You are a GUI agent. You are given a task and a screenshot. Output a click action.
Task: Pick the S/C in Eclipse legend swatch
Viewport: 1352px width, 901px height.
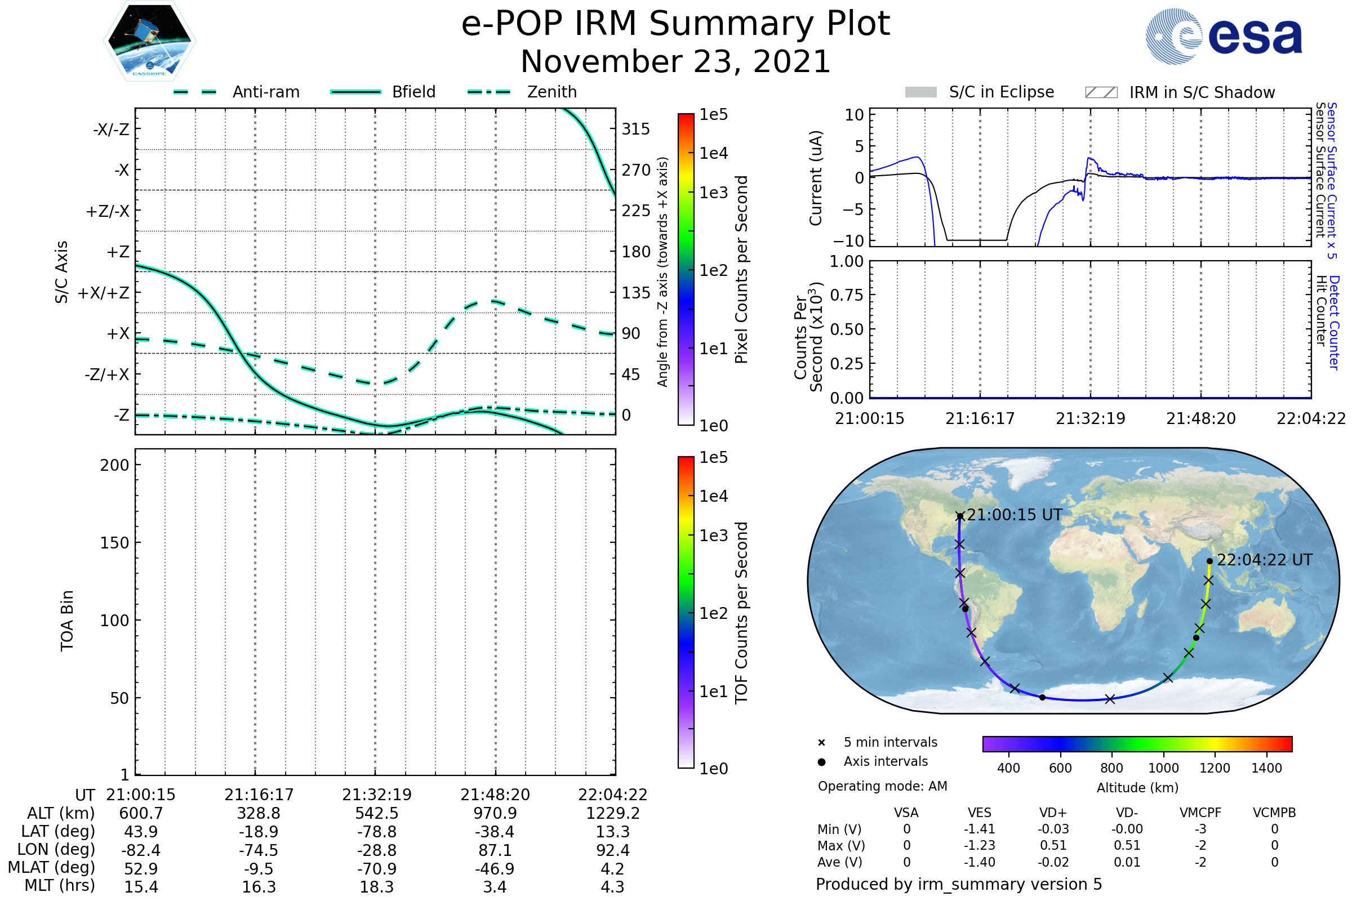(921, 92)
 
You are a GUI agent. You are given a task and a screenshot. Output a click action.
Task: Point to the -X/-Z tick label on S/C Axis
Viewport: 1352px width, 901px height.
(111, 130)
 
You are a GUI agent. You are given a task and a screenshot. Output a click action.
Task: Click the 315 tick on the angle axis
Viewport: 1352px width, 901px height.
(635, 130)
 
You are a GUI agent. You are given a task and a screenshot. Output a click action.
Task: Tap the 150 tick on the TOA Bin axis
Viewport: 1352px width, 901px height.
(114, 543)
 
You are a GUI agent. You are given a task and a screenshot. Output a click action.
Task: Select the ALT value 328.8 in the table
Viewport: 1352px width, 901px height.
(259, 814)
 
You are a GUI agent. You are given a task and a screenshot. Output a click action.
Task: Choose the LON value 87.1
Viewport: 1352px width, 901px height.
(495, 850)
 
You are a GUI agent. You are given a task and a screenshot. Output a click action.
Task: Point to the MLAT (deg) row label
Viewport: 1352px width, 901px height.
(51, 868)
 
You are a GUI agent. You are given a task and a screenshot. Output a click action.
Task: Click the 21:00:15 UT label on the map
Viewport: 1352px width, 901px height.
(1015, 515)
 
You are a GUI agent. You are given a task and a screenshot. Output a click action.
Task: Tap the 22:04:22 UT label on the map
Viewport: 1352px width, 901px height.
(1265, 560)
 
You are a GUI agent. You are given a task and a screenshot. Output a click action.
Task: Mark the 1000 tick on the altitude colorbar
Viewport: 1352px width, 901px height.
(1163, 768)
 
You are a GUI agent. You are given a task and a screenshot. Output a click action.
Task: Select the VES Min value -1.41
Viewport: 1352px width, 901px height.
(980, 829)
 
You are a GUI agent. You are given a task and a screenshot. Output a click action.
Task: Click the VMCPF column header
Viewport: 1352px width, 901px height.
(1200, 813)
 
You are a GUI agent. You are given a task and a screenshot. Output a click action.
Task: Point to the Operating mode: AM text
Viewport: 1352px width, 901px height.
(882, 786)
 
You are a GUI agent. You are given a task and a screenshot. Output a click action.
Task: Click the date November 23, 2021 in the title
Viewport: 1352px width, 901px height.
(675, 61)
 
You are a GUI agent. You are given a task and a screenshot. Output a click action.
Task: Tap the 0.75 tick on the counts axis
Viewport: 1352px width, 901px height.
(847, 295)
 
